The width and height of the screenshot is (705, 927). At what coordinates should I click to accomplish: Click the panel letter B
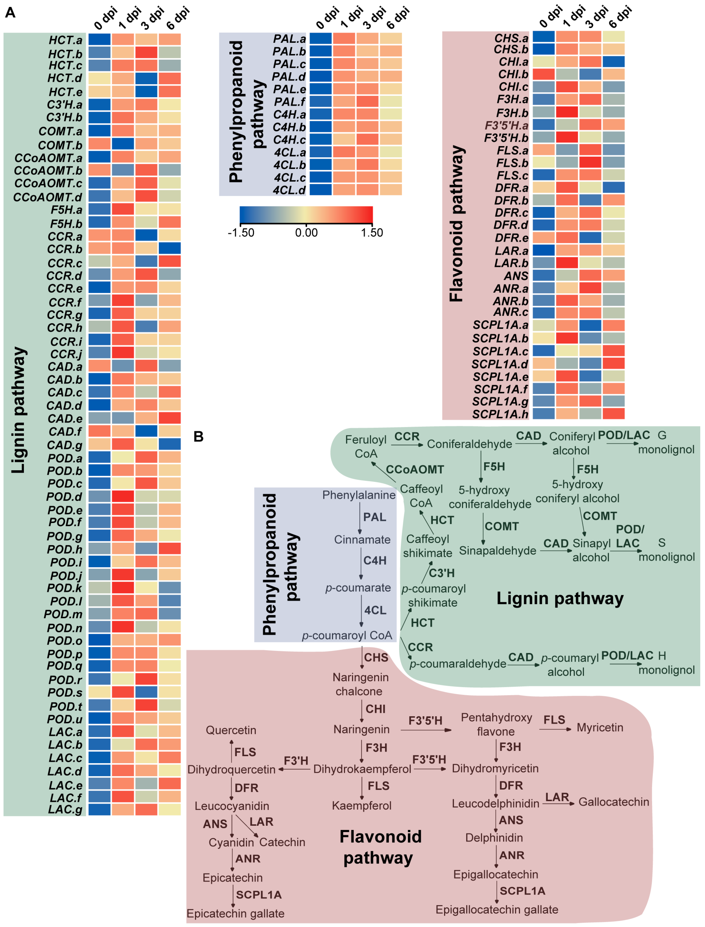pyautogui.click(x=198, y=437)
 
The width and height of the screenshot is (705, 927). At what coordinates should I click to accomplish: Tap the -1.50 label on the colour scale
pyautogui.click(x=241, y=233)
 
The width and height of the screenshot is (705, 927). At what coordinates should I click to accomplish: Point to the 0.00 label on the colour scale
pyautogui.click(x=306, y=233)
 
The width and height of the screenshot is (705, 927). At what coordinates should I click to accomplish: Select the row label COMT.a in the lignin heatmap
pyautogui.click(x=60, y=131)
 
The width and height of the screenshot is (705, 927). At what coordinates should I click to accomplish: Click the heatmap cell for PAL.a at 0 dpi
pyautogui.click(x=321, y=39)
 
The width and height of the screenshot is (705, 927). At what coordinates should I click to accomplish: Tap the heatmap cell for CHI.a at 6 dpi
pyautogui.click(x=613, y=62)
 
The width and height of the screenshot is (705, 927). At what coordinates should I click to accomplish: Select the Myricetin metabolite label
pyautogui.click(x=600, y=728)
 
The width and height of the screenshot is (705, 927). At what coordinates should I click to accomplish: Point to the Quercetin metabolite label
pyautogui.click(x=231, y=730)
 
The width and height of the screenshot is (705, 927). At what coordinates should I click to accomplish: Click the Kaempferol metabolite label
pyautogui.click(x=362, y=806)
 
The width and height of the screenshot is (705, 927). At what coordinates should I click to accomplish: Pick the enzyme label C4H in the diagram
pyautogui.click(x=375, y=560)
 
